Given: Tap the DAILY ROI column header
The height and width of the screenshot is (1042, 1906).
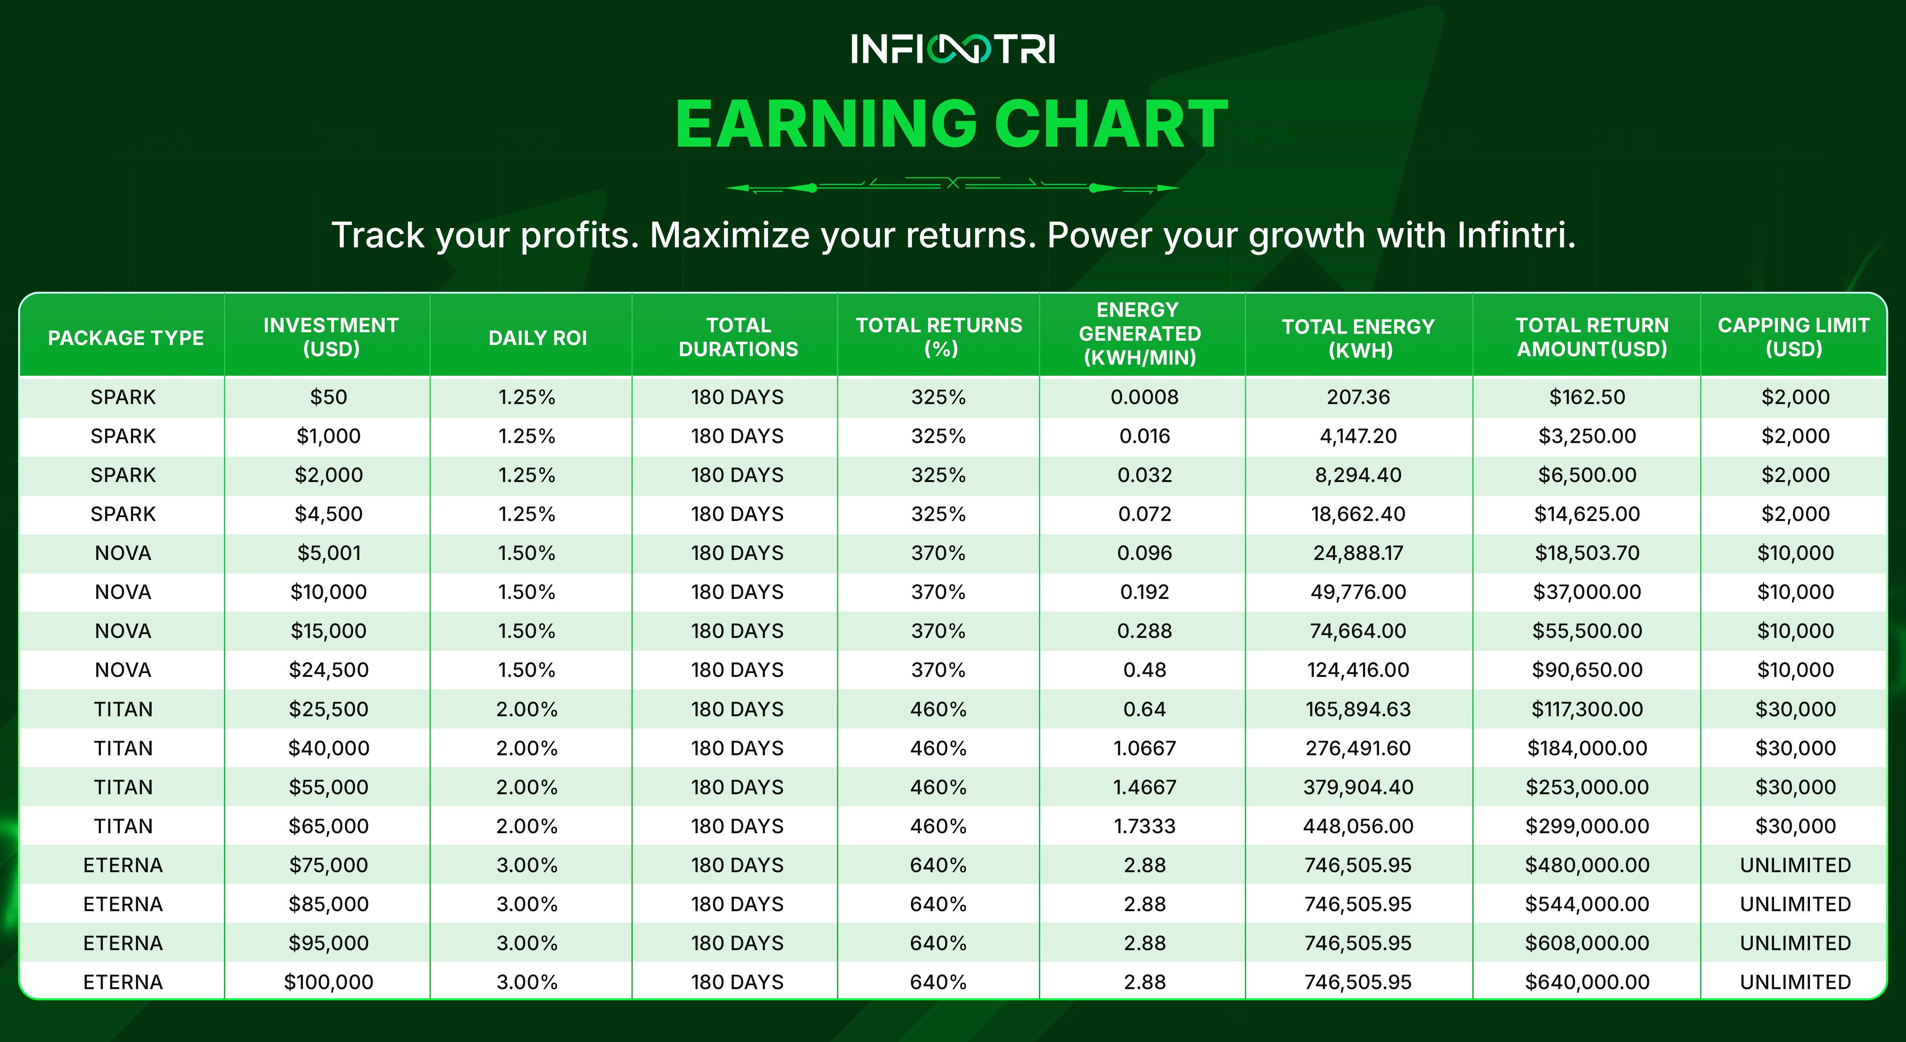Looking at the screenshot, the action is [538, 338].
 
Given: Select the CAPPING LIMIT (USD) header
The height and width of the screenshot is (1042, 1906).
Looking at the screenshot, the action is [1794, 337].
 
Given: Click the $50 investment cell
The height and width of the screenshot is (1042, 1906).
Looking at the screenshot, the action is [328, 398].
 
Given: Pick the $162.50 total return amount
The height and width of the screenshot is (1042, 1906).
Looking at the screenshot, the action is [1587, 398].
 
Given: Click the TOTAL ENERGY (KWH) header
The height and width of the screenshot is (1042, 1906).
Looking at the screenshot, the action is [1359, 338].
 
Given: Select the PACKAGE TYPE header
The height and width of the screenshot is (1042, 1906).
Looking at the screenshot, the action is [126, 338].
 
